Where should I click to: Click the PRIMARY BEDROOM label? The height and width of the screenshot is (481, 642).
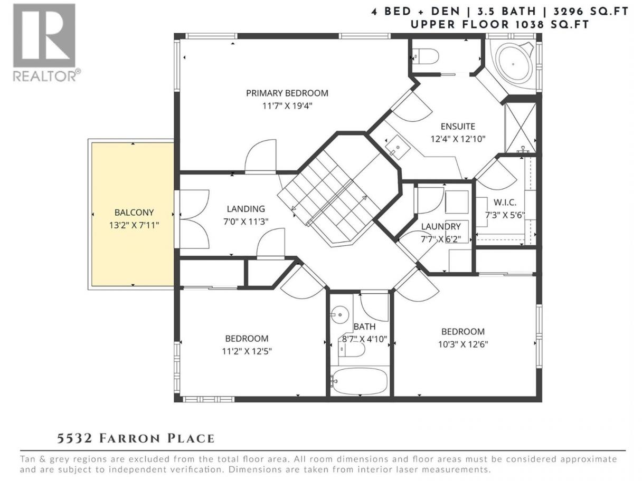pos(287,93)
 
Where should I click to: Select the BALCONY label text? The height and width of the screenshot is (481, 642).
pos(134,213)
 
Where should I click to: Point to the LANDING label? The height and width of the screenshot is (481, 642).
pos(246,209)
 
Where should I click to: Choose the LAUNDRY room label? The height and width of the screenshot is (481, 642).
pos(441,226)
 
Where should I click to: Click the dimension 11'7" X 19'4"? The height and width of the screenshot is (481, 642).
pos(287,105)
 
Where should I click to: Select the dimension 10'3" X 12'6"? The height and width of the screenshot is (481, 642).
pos(463,344)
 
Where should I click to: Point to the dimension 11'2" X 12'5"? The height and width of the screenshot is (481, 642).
pos(247,351)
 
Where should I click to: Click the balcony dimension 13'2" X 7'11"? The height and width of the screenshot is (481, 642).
pos(134,225)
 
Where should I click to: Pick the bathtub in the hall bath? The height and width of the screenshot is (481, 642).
pos(360,381)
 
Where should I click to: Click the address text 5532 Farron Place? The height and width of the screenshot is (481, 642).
pos(136,439)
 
